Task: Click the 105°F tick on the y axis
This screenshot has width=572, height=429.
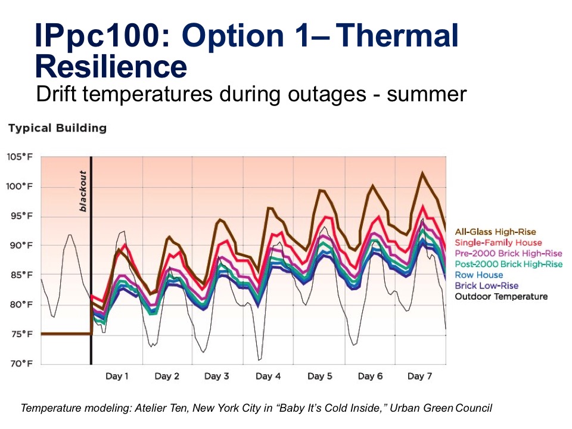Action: pyautogui.click(x=19, y=157)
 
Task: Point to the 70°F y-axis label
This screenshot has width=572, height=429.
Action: pyautogui.click(x=20, y=363)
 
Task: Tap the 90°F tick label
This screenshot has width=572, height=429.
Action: pyautogui.click(x=20, y=245)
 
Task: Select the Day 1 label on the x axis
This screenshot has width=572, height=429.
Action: pyautogui.click(x=117, y=376)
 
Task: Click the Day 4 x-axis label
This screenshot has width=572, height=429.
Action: pyautogui.click(x=268, y=376)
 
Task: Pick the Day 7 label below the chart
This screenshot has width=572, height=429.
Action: pyautogui.click(x=419, y=376)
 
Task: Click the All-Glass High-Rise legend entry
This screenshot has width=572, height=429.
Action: pyautogui.click(x=495, y=232)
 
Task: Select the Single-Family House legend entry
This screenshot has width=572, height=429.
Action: pyautogui.click(x=498, y=243)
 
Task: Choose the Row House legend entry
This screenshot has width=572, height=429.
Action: pyautogui.click(x=478, y=275)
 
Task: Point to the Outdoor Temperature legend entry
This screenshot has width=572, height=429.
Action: pyautogui.click(x=501, y=296)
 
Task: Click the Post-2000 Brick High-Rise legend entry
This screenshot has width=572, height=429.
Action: pyautogui.click(x=508, y=264)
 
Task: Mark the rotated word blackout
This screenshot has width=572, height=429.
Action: pyautogui.click(x=83, y=191)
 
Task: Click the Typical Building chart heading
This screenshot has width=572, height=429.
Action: pyautogui.click(x=57, y=128)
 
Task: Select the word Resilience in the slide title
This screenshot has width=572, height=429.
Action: pyautogui.click(x=111, y=67)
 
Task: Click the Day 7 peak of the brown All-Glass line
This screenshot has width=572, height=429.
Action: pyautogui.click(x=422, y=173)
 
